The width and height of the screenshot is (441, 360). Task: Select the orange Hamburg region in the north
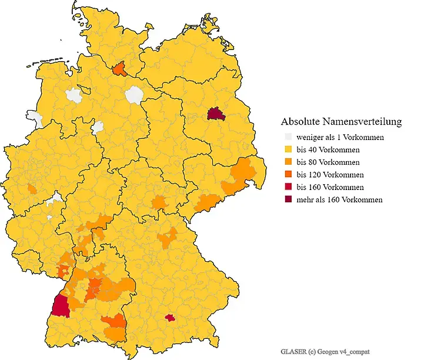coord(120,69)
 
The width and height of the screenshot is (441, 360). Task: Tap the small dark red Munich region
coord(171,318)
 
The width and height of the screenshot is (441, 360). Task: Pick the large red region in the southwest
coord(61,306)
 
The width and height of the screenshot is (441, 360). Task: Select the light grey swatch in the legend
coord(287,137)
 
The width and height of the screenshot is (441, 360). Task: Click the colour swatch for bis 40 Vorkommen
coord(287,149)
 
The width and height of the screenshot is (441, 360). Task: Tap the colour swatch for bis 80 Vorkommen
coord(287,162)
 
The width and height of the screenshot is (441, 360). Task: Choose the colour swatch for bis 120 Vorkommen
coord(287,175)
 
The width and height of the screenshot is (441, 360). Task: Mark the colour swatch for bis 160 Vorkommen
coord(287,187)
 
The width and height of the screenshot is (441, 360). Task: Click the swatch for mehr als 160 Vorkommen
coord(287,199)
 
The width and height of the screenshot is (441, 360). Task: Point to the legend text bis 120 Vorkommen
coord(330,175)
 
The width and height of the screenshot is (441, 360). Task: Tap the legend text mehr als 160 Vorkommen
coord(340,199)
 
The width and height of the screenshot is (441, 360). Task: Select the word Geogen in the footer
coord(331,352)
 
